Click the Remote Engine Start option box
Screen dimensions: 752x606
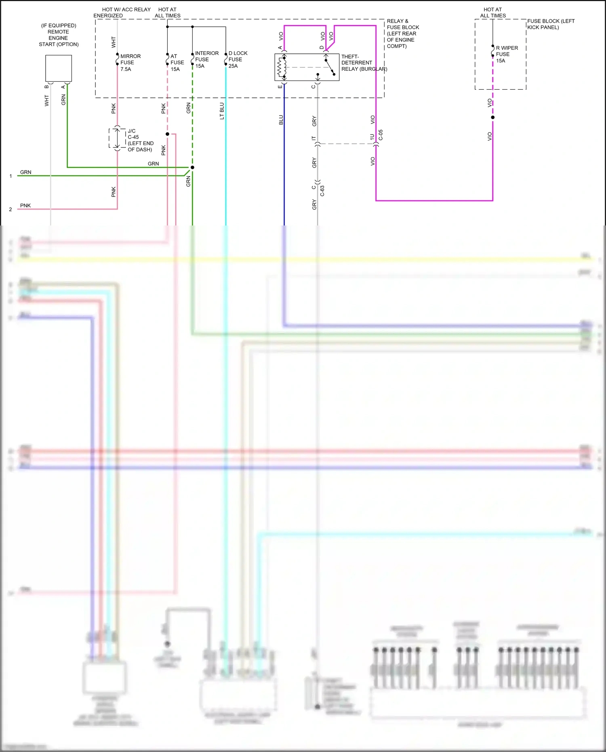59,68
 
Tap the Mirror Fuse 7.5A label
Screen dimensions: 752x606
130,63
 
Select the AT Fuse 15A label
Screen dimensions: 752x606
177,63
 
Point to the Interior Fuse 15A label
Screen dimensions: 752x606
206,59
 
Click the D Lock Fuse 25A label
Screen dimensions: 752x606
238,59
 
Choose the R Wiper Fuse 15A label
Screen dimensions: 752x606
507,54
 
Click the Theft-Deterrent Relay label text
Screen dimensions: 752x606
364,63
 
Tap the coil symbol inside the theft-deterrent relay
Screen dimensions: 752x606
282,67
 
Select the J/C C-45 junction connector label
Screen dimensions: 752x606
140,140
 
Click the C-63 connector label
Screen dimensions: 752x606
322,191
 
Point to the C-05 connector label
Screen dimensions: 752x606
381,135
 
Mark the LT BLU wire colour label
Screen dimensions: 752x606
222,111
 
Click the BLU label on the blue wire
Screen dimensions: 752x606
281,120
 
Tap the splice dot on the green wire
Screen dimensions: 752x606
192,167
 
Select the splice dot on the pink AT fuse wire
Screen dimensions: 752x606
167,134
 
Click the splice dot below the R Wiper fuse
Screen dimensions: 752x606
492,118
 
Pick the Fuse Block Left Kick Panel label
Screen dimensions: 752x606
550,24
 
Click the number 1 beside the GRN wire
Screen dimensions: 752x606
11,176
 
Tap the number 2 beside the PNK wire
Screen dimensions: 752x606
11,209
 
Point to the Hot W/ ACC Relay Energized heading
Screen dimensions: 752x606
122,13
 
